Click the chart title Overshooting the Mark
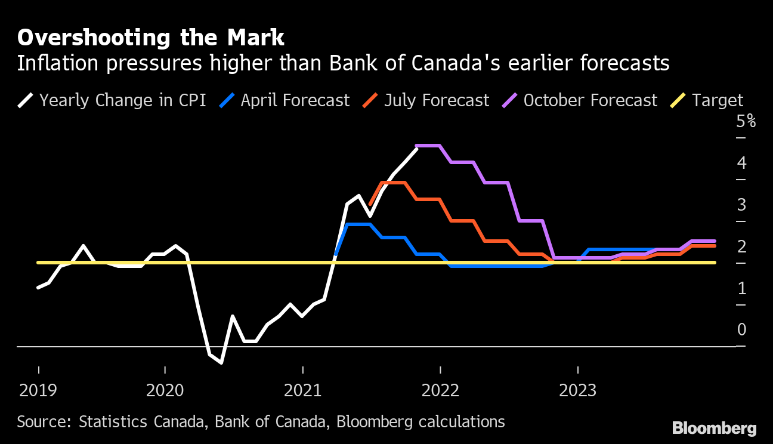pos(151,38)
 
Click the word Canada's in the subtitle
pos(450,63)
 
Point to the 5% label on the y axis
pos(746,122)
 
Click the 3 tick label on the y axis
pos(742,205)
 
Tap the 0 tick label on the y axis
pos(742,330)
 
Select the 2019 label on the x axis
pos(38,391)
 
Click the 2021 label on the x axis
pos(303,391)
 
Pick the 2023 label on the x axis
pos(577,391)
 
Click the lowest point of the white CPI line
pos(221,362)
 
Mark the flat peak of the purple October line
pos(428,146)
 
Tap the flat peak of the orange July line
pos(394,183)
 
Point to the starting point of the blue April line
pos(336,255)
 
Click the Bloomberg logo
pos(714,428)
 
